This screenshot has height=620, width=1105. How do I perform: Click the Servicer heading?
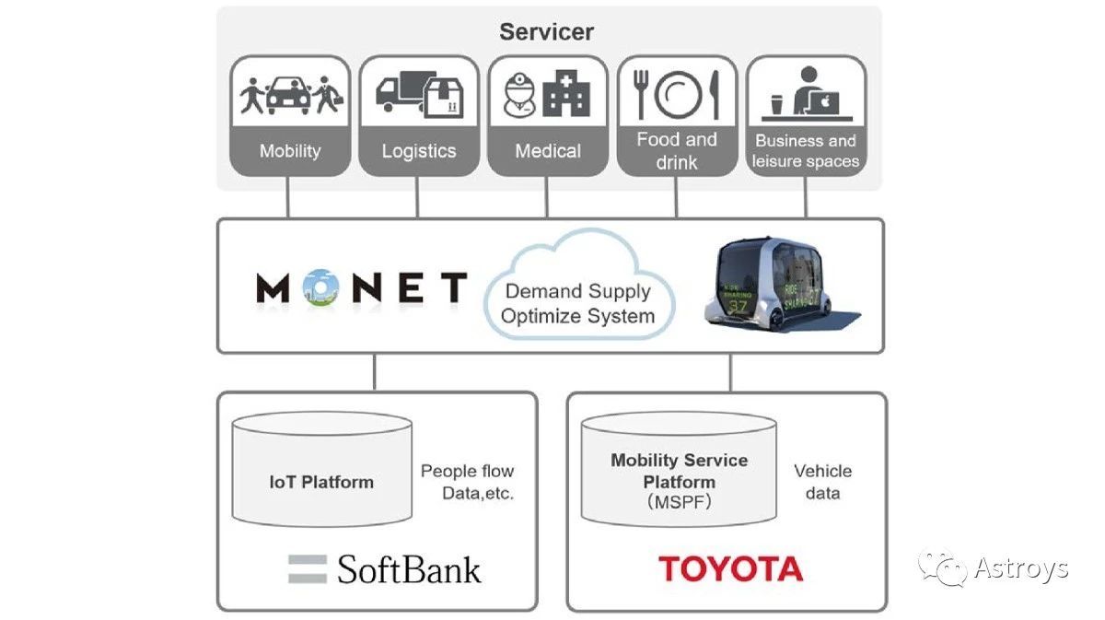click(546, 31)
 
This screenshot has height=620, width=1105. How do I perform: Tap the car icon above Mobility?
click(287, 94)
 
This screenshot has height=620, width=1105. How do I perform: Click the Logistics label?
click(419, 151)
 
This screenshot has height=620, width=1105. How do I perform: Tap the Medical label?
click(548, 151)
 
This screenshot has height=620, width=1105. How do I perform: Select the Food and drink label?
click(677, 151)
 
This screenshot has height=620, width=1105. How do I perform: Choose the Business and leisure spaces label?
click(806, 151)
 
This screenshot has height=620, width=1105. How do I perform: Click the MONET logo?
click(361, 288)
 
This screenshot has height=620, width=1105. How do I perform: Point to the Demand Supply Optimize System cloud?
click(579, 293)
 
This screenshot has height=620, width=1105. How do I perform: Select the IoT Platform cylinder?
click(321, 470)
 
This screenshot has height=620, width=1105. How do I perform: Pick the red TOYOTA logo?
click(730, 568)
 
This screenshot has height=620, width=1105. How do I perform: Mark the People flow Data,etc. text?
click(467, 482)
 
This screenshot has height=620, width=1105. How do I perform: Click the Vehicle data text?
click(822, 482)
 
